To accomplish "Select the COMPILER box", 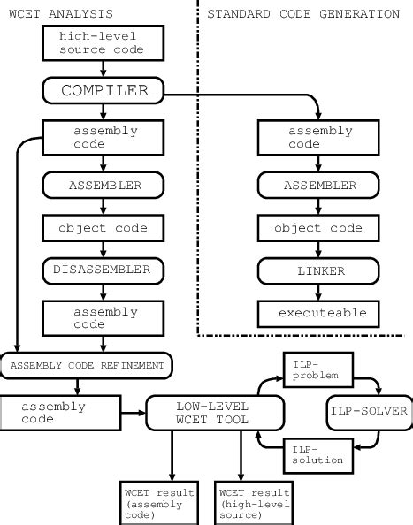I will tap(103, 91).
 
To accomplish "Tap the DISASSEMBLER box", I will tap(103, 269).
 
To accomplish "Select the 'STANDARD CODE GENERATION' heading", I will tap(302, 13).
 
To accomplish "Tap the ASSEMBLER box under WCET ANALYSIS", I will tap(103, 186).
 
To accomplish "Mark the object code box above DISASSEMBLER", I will tap(103, 228).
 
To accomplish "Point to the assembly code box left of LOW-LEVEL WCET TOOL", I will tap(59, 413).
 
